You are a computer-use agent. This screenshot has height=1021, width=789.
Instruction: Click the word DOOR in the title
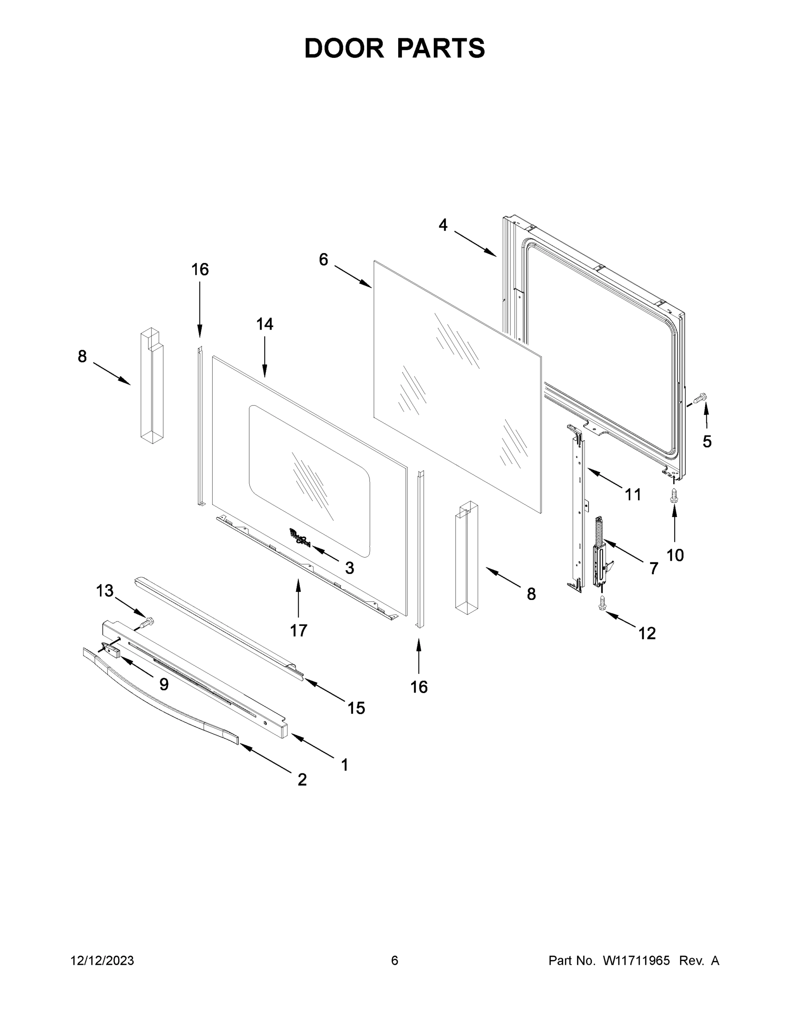(x=344, y=48)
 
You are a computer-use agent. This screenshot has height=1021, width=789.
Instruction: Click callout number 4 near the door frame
(x=443, y=225)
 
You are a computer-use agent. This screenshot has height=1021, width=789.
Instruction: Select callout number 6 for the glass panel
(x=323, y=260)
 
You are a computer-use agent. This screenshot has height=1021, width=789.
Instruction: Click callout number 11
(x=633, y=495)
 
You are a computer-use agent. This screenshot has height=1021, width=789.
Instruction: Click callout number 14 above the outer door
(x=265, y=324)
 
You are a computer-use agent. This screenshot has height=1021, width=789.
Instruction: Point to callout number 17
(x=299, y=630)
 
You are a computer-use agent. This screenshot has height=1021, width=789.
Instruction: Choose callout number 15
(x=356, y=708)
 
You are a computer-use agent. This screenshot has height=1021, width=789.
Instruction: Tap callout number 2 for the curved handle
(x=302, y=779)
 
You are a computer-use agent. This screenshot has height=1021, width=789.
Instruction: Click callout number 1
(x=345, y=765)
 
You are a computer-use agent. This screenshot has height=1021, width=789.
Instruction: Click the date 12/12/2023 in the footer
(x=102, y=960)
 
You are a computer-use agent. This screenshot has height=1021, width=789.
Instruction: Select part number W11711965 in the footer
(x=636, y=960)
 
